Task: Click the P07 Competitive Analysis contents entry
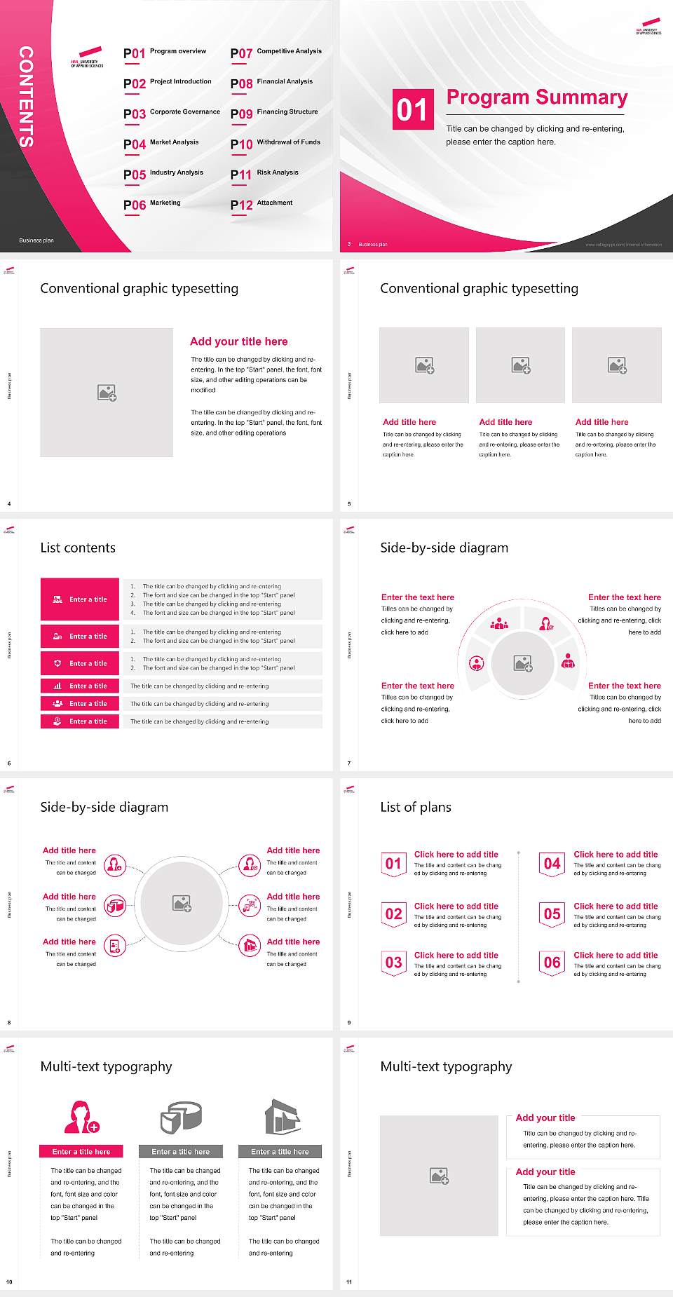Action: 276,53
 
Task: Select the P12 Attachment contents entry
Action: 261,204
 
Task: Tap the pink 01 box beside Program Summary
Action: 412,109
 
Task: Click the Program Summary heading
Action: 537,97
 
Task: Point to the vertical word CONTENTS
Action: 26,97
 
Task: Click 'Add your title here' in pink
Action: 238,341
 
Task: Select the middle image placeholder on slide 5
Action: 520,365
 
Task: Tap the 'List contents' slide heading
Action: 78,548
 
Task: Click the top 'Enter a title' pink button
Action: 81,599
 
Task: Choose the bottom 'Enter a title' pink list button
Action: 81,721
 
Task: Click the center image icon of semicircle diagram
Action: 523,663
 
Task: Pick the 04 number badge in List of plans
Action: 552,864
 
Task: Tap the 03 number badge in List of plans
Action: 393,963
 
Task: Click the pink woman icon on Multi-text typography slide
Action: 81,1117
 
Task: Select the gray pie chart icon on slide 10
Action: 181,1117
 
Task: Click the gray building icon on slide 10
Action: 282,1117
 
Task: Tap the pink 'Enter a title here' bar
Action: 81,1152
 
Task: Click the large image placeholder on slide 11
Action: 440,1176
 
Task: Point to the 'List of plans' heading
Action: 416,807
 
